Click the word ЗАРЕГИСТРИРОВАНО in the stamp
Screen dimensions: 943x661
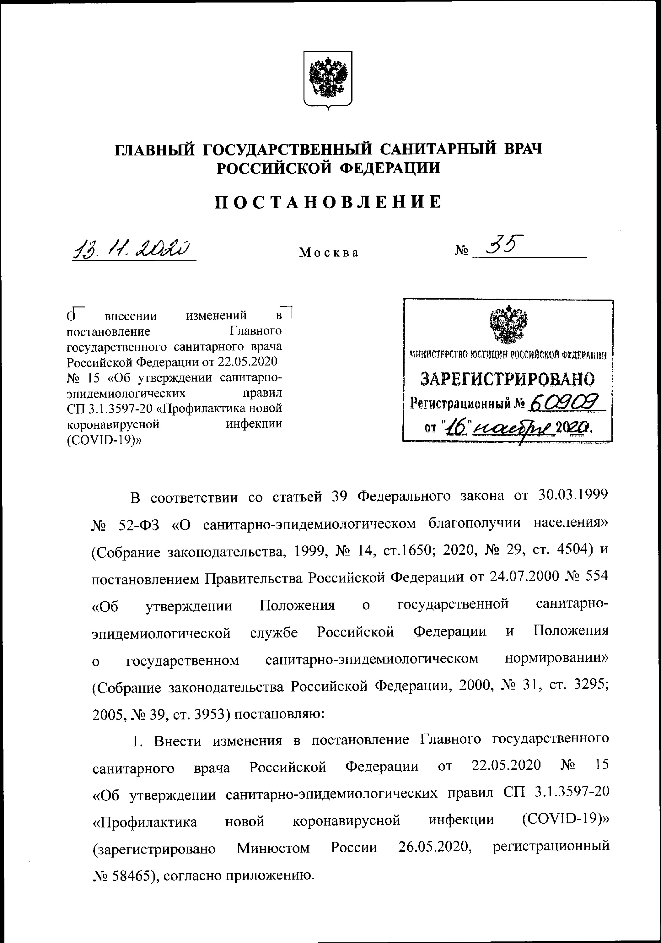click(x=508, y=379)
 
